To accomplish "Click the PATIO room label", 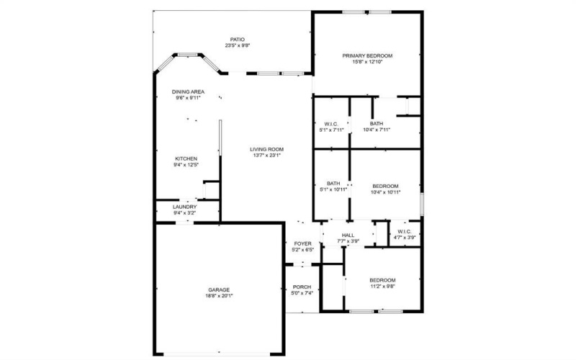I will click(x=238, y=40).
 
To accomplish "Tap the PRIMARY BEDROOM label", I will click(x=367, y=56).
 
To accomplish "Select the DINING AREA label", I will click(x=189, y=92).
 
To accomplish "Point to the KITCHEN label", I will click(x=186, y=159).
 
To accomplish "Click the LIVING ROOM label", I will click(x=266, y=149).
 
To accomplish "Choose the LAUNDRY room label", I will click(x=186, y=207).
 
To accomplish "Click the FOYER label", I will click(x=303, y=244).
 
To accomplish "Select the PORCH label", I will click(x=302, y=287).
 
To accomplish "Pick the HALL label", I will click(x=348, y=235).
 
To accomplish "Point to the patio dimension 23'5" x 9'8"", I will click(x=238, y=46).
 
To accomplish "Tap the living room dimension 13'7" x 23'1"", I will click(x=266, y=155).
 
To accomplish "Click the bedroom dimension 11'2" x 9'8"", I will click(x=382, y=286).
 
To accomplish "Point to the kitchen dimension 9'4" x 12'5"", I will click(x=186, y=165).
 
